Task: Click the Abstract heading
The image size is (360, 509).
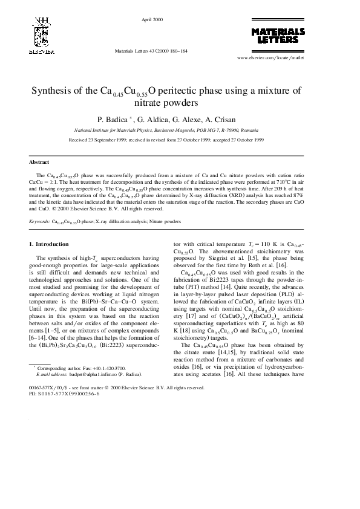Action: (39, 161)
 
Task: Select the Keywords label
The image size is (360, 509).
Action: (39, 222)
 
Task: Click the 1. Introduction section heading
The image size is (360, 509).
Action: (49, 244)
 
